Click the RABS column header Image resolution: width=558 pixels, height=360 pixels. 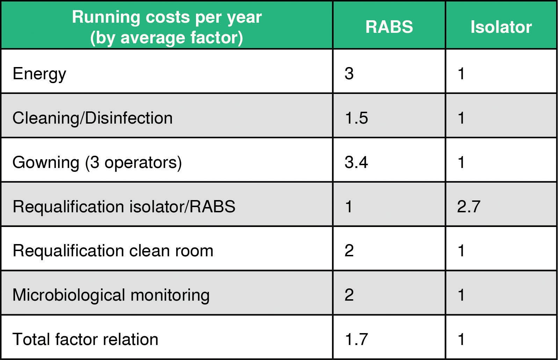pyautogui.click(x=389, y=27)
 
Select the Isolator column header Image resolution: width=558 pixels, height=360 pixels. pyautogui.click(x=501, y=27)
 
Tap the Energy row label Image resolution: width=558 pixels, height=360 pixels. pyautogui.click(x=39, y=74)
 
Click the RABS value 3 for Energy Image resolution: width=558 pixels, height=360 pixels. pyautogui.click(x=349, y=73)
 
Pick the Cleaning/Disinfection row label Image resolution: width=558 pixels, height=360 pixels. pyautogui.click(x=93, y=118)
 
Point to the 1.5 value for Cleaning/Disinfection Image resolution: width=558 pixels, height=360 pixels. pyautogui.click(x=356, y=118)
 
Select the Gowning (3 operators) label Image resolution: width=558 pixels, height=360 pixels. pyautogui.click(x=97, y=162)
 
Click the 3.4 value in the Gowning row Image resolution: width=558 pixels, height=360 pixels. pyautogui.click(x=356, y=162)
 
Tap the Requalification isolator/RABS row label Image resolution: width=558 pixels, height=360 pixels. pyautogui.click(x=124, y=207)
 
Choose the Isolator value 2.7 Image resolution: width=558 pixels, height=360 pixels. pyautogui.click(x=469, y=206)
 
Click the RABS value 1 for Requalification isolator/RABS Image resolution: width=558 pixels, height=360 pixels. pyautogui.click(x=349, y=206)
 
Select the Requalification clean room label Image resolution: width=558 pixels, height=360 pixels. pyautogui.click(x=113, y=251)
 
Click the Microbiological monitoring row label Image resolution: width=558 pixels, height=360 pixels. pyautogui.click(x=111, y=295)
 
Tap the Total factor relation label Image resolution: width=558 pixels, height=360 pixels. pyautogui.click(x=85, y=339)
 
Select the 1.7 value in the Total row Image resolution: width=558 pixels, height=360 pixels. pyautogui.click(x=356, y=339)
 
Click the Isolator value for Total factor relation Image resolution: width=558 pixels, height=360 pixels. pyautogui.click(x=461, y=339)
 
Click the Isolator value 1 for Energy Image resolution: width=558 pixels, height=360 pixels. pyautogui.click(x=461, y=73)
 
